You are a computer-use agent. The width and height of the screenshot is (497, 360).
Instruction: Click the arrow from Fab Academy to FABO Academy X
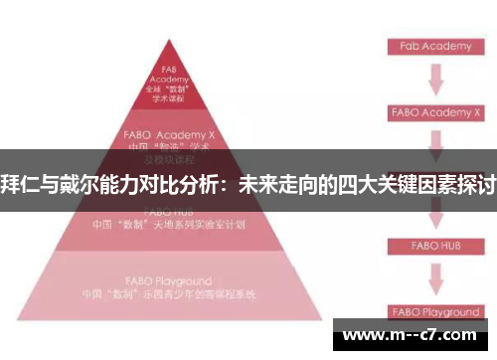coord(434,79)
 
